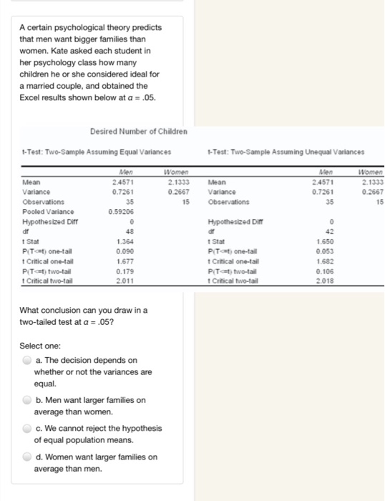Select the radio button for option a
pos(26,360)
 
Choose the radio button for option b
pos(26,400)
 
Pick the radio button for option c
pos(26,428)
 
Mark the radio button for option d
pos(26,457)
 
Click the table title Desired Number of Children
pos(139,131)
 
